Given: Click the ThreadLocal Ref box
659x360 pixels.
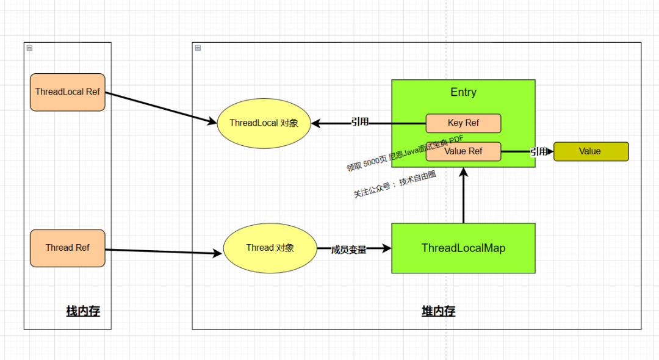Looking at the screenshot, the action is pos(68,92).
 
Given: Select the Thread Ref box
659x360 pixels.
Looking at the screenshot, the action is pos(68,248).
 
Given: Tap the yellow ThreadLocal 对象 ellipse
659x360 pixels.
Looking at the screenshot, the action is pos(264,123).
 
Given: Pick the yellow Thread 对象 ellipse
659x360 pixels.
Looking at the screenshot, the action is pos(270,248).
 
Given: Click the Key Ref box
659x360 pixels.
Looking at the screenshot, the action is pos(464,123).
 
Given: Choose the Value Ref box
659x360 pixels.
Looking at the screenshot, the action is pos(464,151).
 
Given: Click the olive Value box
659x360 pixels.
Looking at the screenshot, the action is pos(591,151).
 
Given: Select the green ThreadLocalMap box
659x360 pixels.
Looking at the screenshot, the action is pos(464,248).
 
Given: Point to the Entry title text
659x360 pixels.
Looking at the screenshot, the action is pos(464,92).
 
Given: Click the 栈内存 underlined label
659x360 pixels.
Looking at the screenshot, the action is pos(83,311).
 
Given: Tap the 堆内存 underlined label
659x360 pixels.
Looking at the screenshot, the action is pos(438,311).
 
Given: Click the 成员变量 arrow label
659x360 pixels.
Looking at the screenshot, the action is pos(349,250).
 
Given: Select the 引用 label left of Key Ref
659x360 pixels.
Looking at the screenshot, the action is pos(360,122).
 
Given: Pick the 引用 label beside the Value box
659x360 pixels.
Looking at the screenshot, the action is pos(539,151).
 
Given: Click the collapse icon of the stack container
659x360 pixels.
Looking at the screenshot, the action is pos(29,48).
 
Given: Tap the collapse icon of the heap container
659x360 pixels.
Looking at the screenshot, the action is pos(198,48).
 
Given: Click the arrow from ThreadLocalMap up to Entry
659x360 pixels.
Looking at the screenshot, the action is pos(464,195).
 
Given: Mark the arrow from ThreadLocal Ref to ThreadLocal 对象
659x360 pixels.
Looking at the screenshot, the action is pos(161,107).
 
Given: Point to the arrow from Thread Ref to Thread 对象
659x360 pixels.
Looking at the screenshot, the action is pos(164,251).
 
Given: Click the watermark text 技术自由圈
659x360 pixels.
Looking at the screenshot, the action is pos(417,179).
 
